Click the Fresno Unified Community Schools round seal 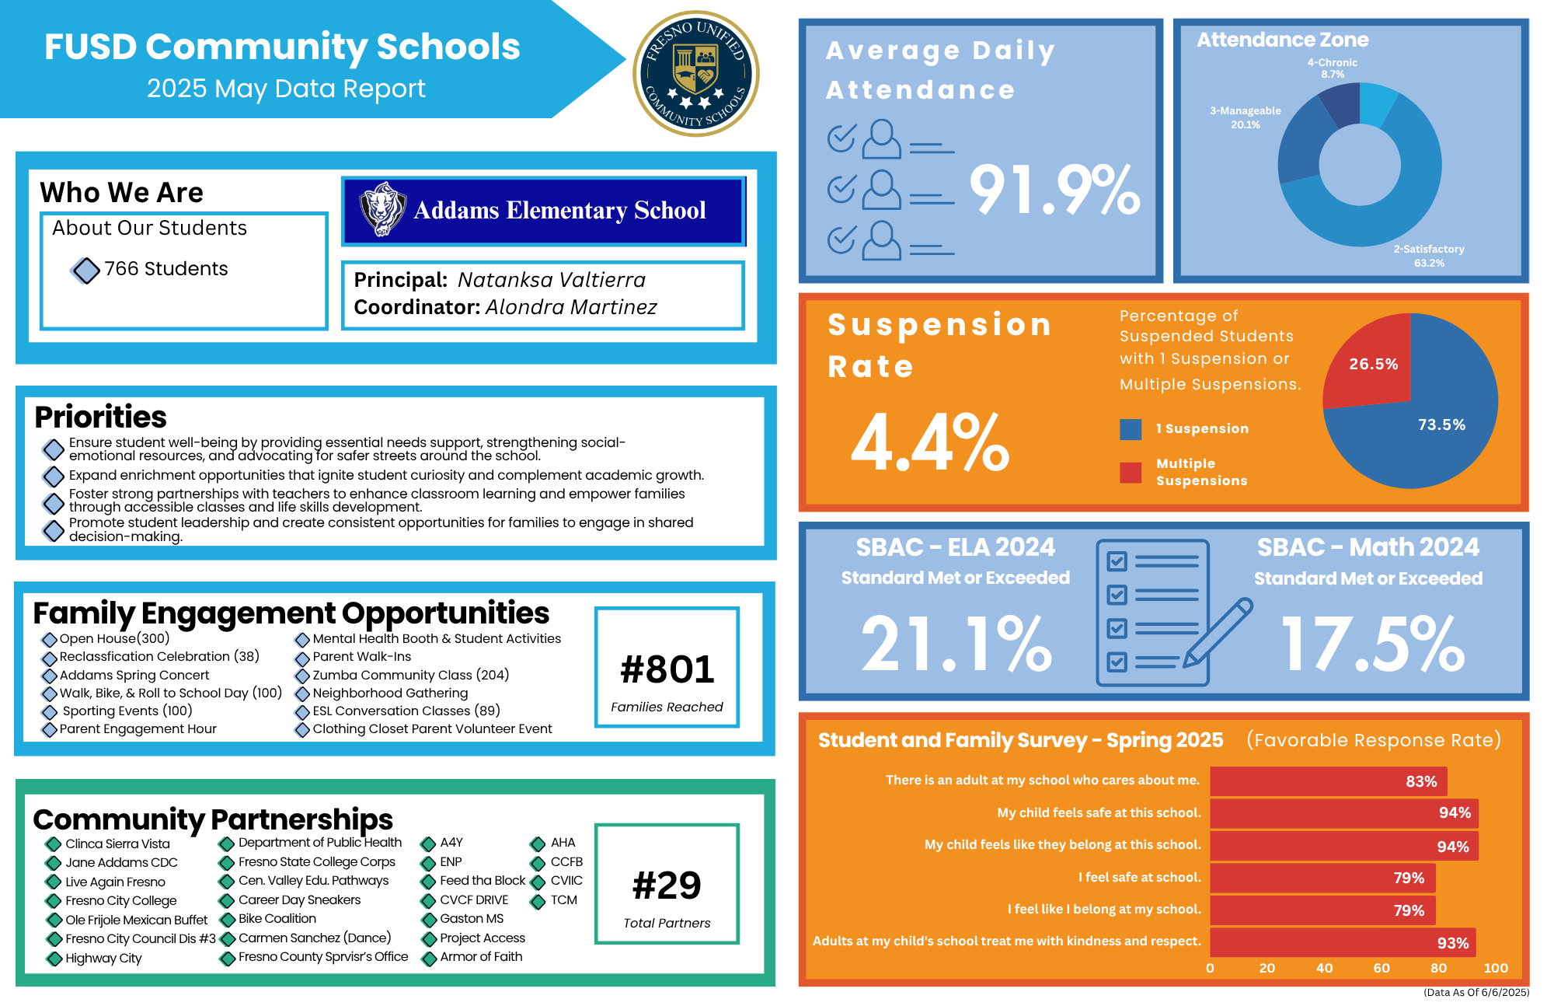point(695,74)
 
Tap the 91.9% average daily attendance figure point(1054,190)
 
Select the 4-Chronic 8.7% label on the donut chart point(1332,68)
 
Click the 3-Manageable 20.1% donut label point(1245,117)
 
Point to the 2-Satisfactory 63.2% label point(1428,256)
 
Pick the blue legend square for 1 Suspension point(1131,429)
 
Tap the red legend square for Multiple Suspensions point(1131,473)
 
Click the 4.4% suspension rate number point(929,443)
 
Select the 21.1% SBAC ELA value point(956,644)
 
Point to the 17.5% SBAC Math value point(1372,644)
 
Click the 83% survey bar point(1328,781)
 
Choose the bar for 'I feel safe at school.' point(1322,878)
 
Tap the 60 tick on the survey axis point(1381,968)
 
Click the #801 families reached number point(667,669)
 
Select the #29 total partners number point(667,885)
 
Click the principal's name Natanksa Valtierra point(551,280)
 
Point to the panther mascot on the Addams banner point(382,209)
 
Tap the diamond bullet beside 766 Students point(85,271)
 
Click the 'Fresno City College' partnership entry point(121,901)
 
